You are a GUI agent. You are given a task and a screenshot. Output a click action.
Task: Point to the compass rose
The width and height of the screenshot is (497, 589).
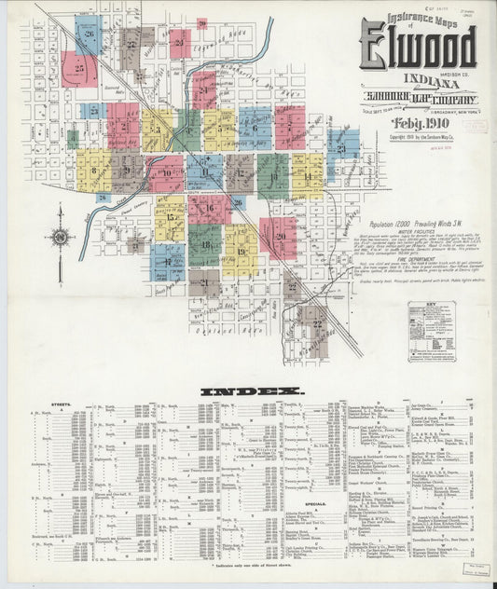coord(61,237)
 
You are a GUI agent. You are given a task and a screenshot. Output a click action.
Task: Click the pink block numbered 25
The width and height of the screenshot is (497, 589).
coord(79,69)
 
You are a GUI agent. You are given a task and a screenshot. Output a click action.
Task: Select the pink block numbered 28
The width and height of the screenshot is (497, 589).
coord(180,43)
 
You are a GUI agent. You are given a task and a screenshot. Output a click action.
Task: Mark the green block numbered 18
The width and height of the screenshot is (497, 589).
coord(205,244)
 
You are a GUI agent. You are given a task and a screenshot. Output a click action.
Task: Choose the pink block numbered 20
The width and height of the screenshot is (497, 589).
coord(278,237)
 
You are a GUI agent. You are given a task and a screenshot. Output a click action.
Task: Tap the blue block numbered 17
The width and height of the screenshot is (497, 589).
coord(168,262)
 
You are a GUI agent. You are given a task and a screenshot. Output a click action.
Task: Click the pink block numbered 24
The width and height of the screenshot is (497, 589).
coord(204,90)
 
